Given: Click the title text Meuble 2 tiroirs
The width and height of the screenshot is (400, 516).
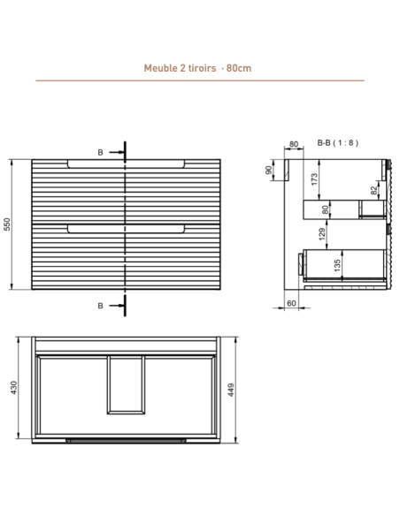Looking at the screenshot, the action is coord(180,68).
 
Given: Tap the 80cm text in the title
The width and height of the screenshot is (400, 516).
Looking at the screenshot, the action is coord(239,68).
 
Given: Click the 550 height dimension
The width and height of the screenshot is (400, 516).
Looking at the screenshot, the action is coord(7,224).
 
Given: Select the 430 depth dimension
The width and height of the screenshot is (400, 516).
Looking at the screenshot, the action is coord(13,388).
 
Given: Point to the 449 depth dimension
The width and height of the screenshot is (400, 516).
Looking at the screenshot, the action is coord(231,390).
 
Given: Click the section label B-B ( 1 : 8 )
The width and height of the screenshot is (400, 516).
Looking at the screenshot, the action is coord(338,143).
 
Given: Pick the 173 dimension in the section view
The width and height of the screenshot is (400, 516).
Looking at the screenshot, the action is coord(315,179).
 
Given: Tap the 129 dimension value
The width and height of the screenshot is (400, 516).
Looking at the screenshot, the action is coord(323,234).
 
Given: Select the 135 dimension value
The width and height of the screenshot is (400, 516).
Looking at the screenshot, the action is coord(337,266).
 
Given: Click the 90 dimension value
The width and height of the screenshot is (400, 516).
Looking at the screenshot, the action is coord(268,171).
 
